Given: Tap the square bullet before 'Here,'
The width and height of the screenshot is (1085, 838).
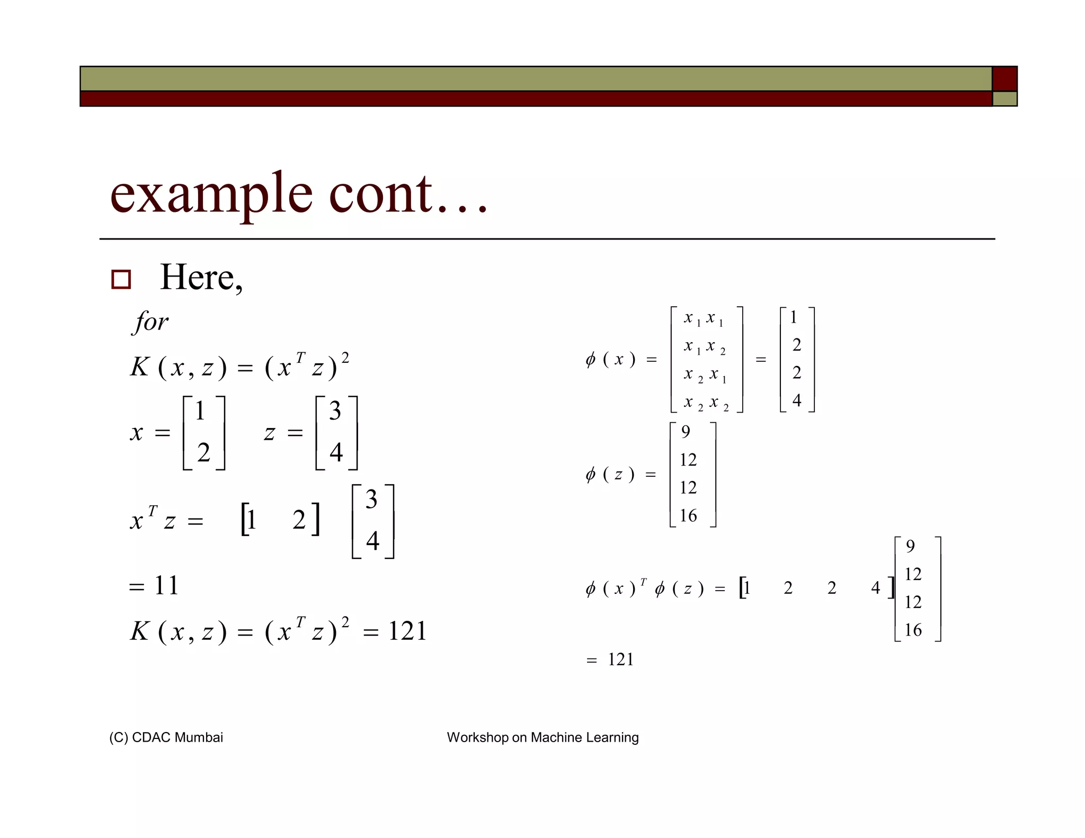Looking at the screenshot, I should pos(121,279).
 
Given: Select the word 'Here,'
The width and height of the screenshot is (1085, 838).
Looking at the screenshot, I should pos(201,277).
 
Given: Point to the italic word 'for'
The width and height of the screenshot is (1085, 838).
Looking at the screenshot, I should pos(150,322).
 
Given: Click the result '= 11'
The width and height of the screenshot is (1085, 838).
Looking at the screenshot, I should pos(154,585).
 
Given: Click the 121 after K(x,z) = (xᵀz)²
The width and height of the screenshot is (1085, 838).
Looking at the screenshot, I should pos(407,631).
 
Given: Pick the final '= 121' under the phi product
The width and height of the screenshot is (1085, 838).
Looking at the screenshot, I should pos(610,659).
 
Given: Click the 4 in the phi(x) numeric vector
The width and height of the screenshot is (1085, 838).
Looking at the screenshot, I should pos(796,400).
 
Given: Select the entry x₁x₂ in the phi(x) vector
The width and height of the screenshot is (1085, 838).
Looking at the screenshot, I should pos(704,346).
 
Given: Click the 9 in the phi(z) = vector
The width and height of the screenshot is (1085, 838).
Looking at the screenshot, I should pos(686,432).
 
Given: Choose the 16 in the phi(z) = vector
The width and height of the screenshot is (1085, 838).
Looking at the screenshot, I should pos(688,515).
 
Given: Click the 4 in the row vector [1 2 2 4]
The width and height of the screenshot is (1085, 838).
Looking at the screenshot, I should pos(875,587).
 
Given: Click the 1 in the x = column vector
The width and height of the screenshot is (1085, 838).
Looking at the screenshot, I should pos(200,411).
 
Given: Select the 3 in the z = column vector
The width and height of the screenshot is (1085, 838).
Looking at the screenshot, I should pos(335,411).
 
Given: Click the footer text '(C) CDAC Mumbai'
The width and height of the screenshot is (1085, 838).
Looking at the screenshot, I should pos(166,737).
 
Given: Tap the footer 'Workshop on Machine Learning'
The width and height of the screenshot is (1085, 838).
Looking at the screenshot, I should pos(542,737).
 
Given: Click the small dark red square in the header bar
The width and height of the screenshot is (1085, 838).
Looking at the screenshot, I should pos(1004,78).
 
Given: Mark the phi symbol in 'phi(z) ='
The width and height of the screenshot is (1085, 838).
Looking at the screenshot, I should pos(591,474).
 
